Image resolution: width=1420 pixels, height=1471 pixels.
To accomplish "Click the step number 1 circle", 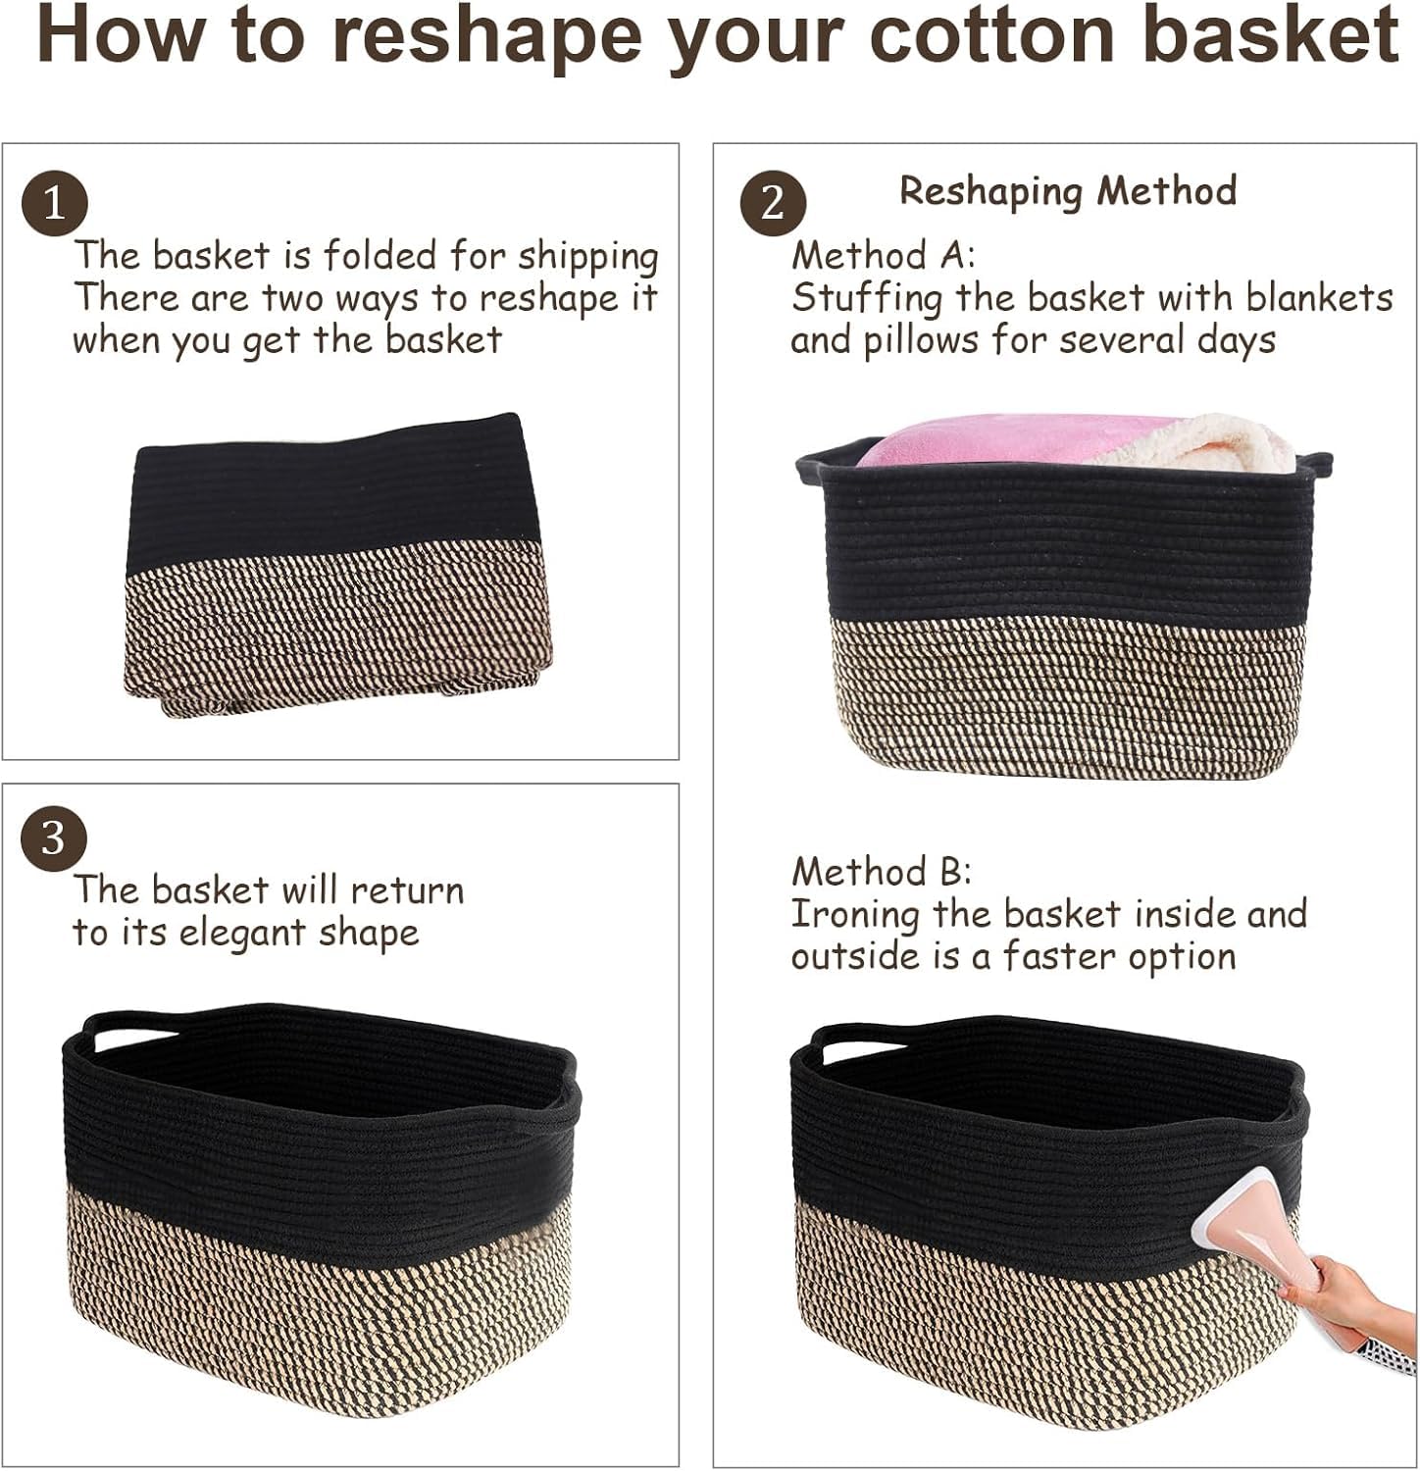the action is pos(55,204).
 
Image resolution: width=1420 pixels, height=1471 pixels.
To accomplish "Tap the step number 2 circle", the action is pos(773,203).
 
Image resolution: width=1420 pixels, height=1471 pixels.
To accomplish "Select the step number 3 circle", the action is pos(54,839).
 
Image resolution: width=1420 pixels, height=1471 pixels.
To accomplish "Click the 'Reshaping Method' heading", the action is pos(1068,190).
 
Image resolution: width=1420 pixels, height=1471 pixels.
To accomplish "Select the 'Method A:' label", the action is pos(884,255).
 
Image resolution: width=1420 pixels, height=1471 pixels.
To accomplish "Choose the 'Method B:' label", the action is pos(882,871).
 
